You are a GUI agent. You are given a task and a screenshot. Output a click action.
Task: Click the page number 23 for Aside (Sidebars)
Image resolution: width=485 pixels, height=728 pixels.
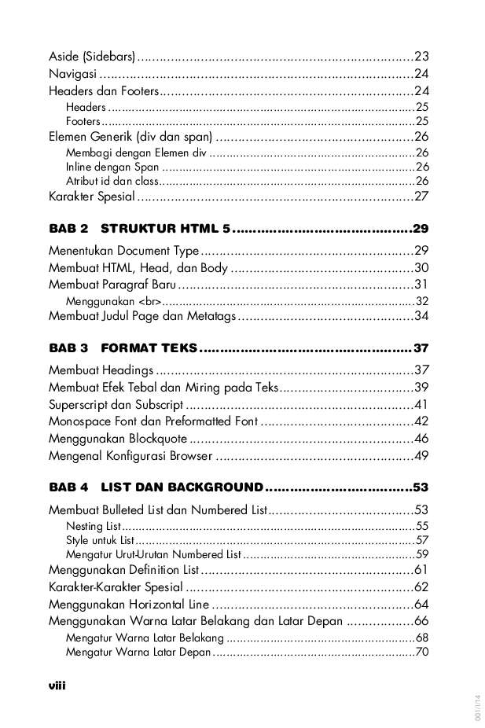coord(421,56)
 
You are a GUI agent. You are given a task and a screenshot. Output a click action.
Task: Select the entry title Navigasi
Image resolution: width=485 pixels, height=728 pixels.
coord(72,74)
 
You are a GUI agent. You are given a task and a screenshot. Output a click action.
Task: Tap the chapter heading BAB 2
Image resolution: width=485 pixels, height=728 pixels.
coord(68,229)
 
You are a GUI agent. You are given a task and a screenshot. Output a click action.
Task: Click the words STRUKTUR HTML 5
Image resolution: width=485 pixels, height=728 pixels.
coord(165,229)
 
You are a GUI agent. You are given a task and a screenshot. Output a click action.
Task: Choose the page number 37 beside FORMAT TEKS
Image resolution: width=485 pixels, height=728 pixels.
coord(421,348)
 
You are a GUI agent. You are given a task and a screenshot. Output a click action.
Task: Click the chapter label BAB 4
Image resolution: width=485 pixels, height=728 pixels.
coord(68,487)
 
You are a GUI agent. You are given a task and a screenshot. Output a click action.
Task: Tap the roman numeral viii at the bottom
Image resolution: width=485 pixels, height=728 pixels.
coord(57,686)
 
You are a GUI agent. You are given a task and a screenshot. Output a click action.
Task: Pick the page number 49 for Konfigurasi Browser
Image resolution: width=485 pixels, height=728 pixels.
coord(421,456)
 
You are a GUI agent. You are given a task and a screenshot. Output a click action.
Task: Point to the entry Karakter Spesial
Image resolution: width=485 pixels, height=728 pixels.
coord(91,197)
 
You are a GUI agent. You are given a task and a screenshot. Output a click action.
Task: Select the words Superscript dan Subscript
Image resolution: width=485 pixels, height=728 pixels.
coord(116,405)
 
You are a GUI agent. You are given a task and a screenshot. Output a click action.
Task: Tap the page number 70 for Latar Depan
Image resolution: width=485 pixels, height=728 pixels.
coord(421,652)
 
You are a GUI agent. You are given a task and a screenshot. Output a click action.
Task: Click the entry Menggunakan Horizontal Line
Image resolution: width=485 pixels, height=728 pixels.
coord(129,605)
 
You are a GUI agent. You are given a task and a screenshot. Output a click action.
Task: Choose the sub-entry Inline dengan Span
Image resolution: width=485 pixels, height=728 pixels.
coord(112,167)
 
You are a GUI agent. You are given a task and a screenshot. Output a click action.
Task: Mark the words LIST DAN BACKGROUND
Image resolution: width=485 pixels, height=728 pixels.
coord(182,487)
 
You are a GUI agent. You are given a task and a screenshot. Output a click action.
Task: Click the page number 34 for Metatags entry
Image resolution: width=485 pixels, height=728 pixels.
coord(421,316)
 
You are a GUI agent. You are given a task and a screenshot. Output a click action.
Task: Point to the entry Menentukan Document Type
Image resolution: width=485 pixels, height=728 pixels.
coord(124,252)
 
